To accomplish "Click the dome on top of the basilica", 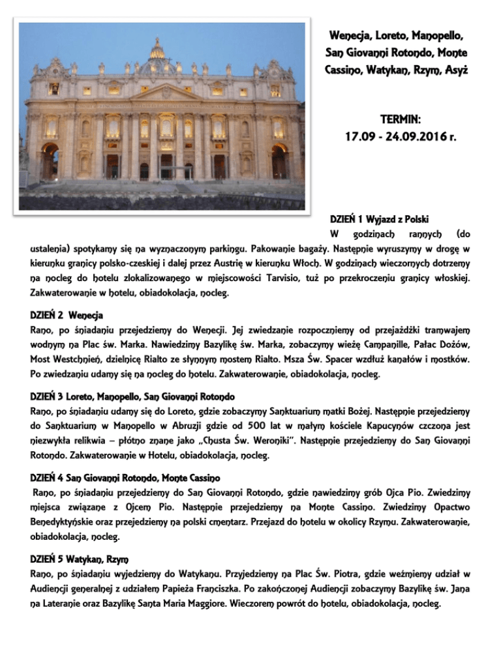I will [x=157, y=53].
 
